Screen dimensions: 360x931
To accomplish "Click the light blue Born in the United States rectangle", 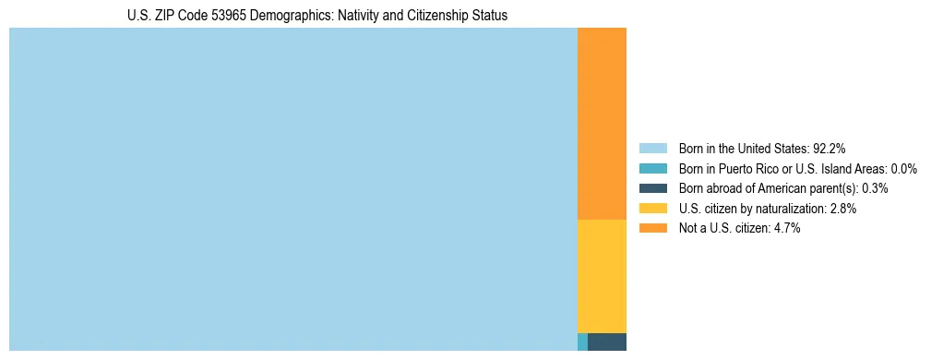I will point(292,189).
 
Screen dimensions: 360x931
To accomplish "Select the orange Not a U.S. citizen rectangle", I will point(602,124).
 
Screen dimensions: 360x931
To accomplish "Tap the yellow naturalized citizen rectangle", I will point(602,276).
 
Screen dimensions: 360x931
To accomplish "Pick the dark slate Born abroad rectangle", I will point(607,342).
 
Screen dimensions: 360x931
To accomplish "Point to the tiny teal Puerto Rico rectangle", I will point(582,342).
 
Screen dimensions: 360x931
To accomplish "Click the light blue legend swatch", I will point(653,149).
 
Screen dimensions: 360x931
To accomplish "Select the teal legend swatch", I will point(653,169).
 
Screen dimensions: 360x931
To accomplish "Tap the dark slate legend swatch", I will point(653,188).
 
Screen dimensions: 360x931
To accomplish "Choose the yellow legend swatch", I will point(653,209).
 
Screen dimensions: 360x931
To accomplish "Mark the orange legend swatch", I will point(653,229).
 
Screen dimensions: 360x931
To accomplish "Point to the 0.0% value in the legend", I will point(904,169).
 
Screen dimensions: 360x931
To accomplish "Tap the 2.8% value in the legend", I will point(841,209).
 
